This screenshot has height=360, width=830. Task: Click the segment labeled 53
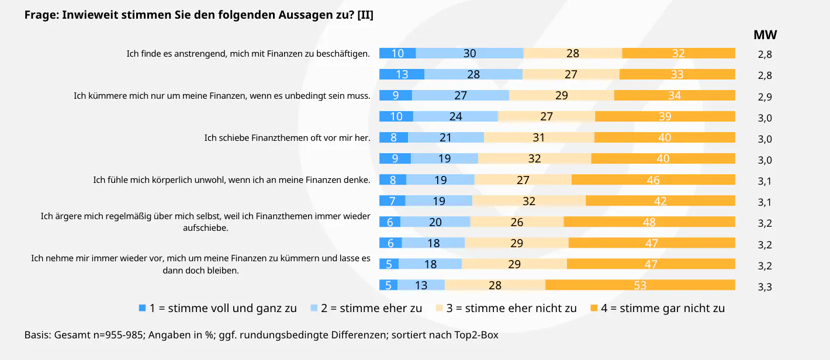pyautogui.click(x=640, y=285)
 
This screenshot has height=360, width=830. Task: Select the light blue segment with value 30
pyautogui.click(x=469, y=53)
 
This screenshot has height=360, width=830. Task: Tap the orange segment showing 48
pyautogui.click(x=649, y=222)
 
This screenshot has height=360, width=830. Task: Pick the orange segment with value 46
pyautogui.click(x=653, y=180)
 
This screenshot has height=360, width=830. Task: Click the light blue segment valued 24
pyautogui.click(x=455, y=116)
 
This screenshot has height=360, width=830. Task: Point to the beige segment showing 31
pyautogui.click(x=539, y=137)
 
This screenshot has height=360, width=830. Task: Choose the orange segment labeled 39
pyautogui.click(x=665, y=116)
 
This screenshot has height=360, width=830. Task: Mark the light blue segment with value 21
pyautogui.click(x=446, y=137)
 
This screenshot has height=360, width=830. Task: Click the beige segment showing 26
pyautogui.click(x=517, y=222)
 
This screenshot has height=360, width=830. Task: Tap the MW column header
pyautogui.click(x=765, y=35)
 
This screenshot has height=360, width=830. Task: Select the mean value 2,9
pyautogui.click(x=765, y=96)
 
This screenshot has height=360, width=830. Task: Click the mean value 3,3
pyautogui.click(x=765, y=286)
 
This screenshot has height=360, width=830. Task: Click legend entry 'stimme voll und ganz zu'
pyautogui.click(x=223, y=308)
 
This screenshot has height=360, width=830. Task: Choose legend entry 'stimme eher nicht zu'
pyautogui.click(x=511, y=308)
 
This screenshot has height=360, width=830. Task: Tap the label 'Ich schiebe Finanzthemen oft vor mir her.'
pyautogui.click(x=287, y=138)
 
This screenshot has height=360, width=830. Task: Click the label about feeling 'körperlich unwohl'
pyautogui.click(x=231, y=180)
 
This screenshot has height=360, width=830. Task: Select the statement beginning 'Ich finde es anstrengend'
pyautogui.click(x=248, y=54)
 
